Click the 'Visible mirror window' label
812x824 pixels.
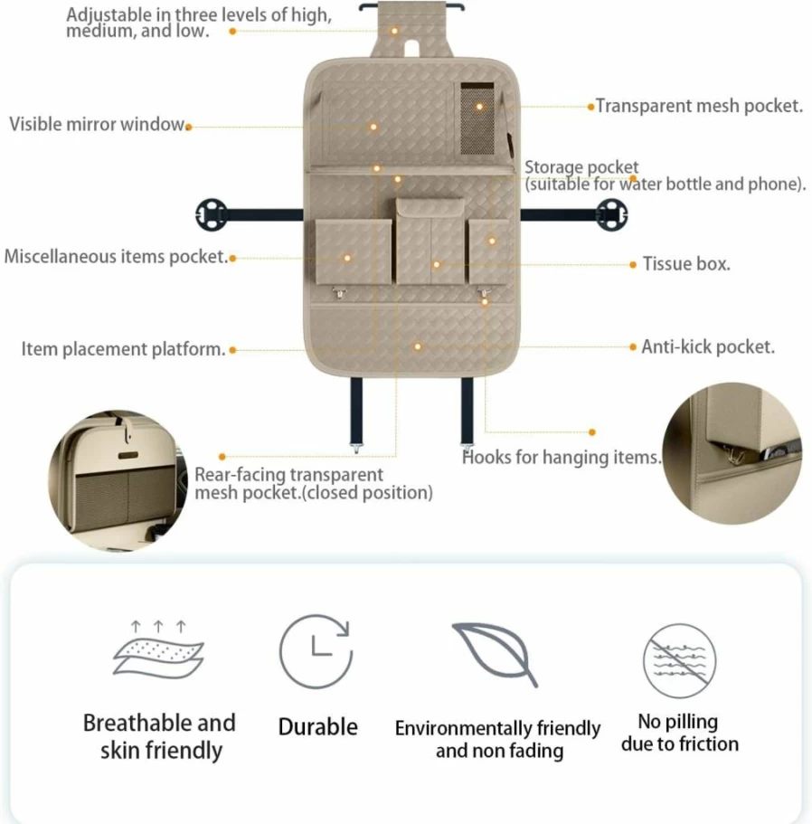coord(97,125)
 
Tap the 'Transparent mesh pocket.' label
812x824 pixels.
coord(699,106)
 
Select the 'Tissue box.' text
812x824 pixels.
coord(686,264)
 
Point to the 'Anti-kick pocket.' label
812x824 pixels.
coord(708,346)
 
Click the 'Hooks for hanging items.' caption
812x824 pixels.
coord(562,457)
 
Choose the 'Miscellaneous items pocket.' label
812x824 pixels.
coord(116,257)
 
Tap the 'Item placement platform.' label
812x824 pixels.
coord(124,349)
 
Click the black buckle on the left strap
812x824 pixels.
coord(212,214)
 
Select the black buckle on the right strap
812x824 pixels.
coord(611,214)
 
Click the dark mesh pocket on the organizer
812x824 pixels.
coord(477,118)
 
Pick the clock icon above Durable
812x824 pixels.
coord(316,651)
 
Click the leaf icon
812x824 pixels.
coord(495,654)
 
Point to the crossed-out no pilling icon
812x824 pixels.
coord(680,660)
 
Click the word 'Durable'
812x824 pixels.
coord(317,727)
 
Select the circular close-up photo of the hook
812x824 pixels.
coord(732,453)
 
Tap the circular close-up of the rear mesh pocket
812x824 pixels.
coord(118,480)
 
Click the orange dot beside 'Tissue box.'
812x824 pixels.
coord(633,264)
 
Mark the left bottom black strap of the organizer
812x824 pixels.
coord(356,412)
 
